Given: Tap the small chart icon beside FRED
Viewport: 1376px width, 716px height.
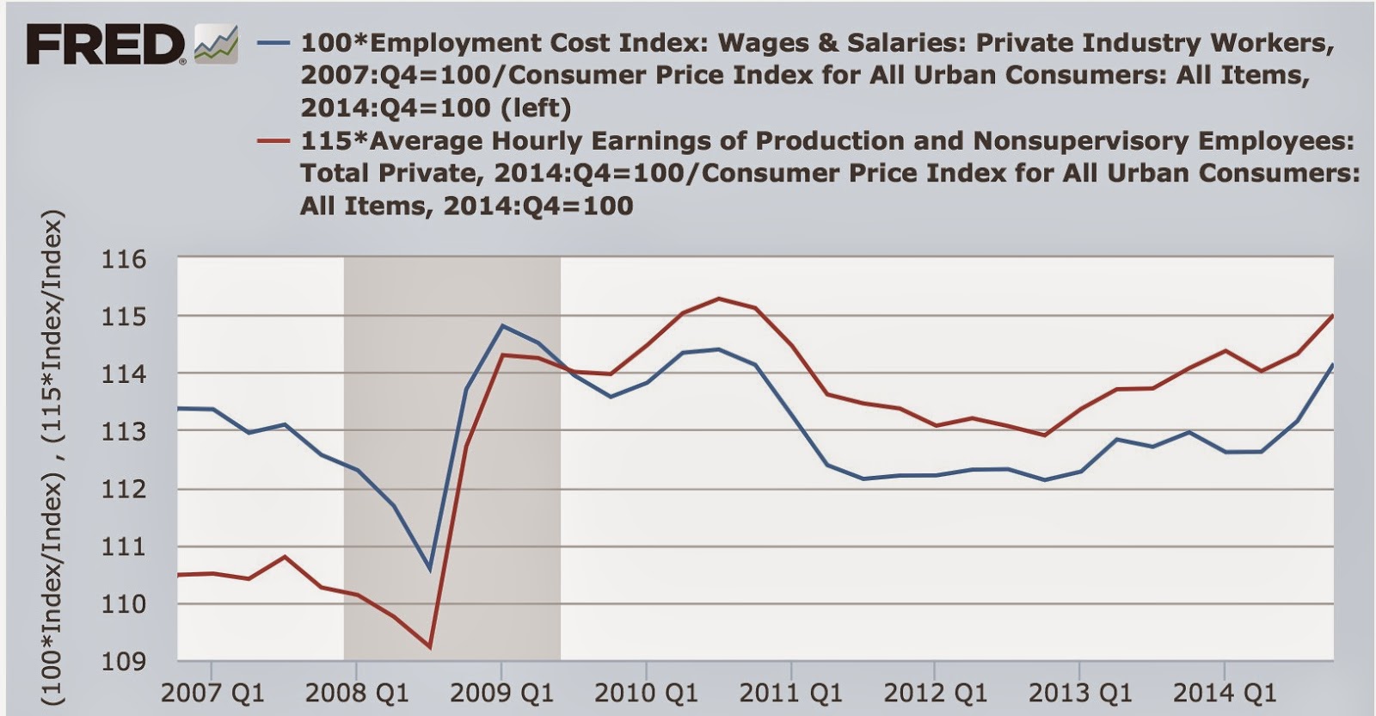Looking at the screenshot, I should coord(215,44).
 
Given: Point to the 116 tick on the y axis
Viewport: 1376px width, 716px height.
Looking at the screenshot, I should coord(124,259).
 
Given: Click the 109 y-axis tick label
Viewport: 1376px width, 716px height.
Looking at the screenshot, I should coord(124,662).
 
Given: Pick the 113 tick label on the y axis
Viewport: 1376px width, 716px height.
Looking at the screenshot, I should coord(124,432).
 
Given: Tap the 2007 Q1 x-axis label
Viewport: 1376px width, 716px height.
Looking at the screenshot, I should coord(212,692).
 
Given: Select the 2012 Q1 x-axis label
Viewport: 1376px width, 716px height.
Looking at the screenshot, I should coord(936,692).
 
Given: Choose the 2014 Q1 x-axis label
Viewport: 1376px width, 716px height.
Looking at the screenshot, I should coord(1225,692).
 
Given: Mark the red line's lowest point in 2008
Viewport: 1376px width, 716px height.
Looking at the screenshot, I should coord(429,647).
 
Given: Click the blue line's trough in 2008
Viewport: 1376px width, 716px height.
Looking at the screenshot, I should coord(430,570).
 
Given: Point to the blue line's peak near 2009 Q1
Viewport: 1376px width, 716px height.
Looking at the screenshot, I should coord(502,325).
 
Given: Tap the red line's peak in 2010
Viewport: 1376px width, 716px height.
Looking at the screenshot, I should coord(719,299).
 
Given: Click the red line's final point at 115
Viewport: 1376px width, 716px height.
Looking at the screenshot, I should coord(1332,316).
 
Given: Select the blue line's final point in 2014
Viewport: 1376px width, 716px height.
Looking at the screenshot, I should coord(1332,365).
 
